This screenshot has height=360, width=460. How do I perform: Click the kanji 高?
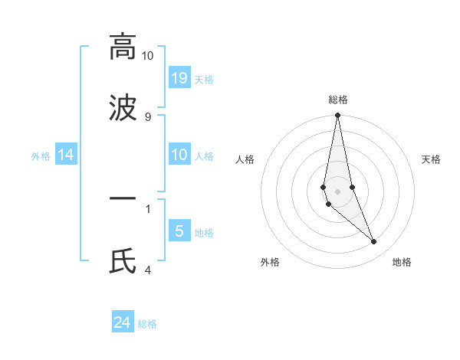[x=123, y=47]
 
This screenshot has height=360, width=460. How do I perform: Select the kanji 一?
[x=123, y=200]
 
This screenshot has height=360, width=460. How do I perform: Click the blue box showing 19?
[x=179, y=77]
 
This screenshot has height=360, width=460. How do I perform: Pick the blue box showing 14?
[x=66, y=155]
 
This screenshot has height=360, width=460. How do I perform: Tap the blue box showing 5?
[x=179, y=231]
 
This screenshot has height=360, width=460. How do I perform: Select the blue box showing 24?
[x=123, y=322]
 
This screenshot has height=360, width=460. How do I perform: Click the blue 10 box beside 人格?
[x=179, y=155]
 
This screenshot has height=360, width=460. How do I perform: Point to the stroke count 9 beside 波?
[x=148, y=117]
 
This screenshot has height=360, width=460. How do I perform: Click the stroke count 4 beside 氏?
[x=148, y=270]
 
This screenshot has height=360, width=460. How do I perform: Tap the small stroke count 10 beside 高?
[x=147, y=56]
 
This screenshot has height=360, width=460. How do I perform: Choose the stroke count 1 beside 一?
[x=148, y=208]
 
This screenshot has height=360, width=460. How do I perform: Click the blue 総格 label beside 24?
[x=147, y=324]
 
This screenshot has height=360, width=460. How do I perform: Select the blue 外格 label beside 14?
[x=41, y=156]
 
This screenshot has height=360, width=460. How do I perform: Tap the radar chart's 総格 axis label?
[x=337, y=100]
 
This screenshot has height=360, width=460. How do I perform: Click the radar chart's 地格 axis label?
[x=402, y=262]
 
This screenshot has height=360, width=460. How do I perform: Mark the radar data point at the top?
[x=337, y=116]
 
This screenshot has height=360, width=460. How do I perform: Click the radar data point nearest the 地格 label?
[x=374, y=242]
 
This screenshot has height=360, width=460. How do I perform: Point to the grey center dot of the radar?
[x=337, y=191]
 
